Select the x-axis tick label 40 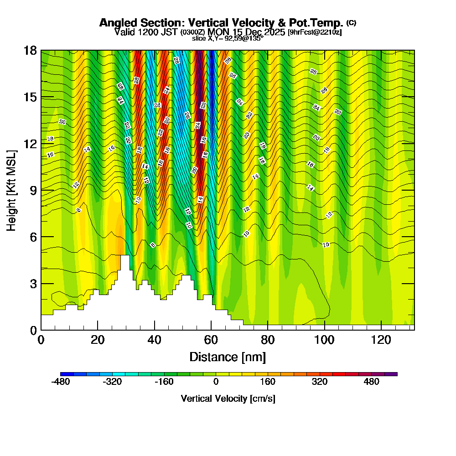point(155,340)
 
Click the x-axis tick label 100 point(324,340)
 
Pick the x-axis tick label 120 point(381,340)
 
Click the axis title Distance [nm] point(228,357)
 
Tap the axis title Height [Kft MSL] point(12,190)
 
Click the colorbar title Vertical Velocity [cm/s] point(228,399)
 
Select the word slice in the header point(199,39)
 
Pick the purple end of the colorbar point(394,374)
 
